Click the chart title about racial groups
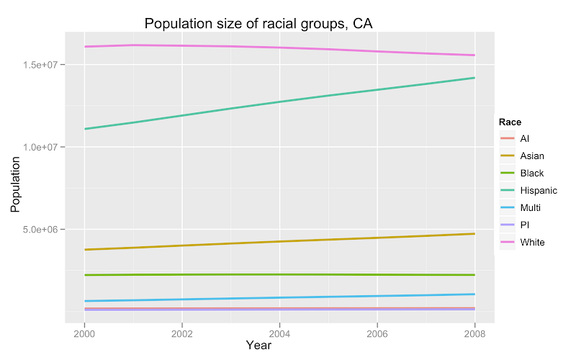(258, 24)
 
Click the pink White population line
(279, 48)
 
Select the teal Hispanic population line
(279, 102)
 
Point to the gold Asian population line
(279, 241)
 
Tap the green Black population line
(279, 274)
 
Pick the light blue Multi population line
(279, 297)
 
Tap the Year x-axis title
(258, 346)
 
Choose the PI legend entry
(525, 225)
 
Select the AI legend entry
(525, 138)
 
